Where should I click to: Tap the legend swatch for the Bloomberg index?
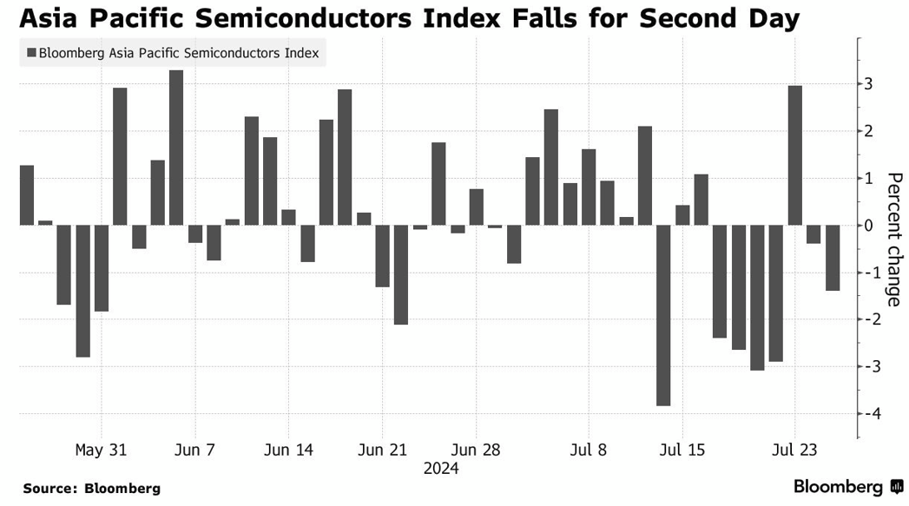(31, 54)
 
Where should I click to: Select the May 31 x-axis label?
(101, 450)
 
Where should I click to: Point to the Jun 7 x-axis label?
(194, 450)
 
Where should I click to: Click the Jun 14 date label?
(287, 450)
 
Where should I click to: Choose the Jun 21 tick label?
(382, 450)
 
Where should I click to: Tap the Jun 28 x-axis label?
(476, 450)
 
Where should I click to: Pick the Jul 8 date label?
(590, 450)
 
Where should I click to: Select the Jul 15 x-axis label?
(682, 450)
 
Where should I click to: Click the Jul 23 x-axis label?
(795, 450)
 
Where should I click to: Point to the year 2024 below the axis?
(441, 469)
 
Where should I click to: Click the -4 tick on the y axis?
(868, 413)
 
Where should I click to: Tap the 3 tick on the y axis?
(868, 84)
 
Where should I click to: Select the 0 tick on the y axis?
(868, 226)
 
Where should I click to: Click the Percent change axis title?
(893, 240)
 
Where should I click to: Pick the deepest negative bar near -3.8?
(663, 315)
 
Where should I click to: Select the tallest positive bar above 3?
(176, 148)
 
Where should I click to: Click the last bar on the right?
(833, 258)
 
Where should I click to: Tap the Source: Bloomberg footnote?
(91, 489)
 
